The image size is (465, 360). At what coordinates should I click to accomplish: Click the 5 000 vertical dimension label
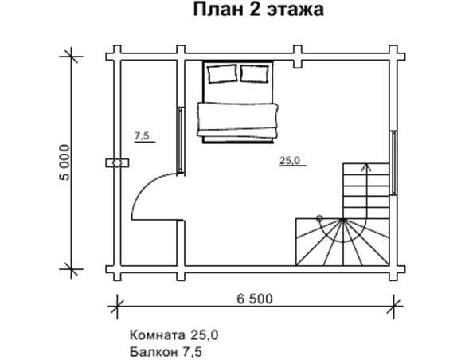coord(66,162)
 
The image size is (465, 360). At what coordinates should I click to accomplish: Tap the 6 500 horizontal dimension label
coord(255,299)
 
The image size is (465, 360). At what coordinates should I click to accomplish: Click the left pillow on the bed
coord(221,74)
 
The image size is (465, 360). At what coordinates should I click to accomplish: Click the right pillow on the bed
coord(255,74)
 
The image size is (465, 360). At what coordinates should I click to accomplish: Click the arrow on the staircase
coord(366,168)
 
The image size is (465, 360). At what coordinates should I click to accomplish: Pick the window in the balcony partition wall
coord(183,139)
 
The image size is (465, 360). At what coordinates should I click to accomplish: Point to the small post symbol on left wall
coord(117,162)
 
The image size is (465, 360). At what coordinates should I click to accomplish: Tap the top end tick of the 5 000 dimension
coord(72,55)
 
